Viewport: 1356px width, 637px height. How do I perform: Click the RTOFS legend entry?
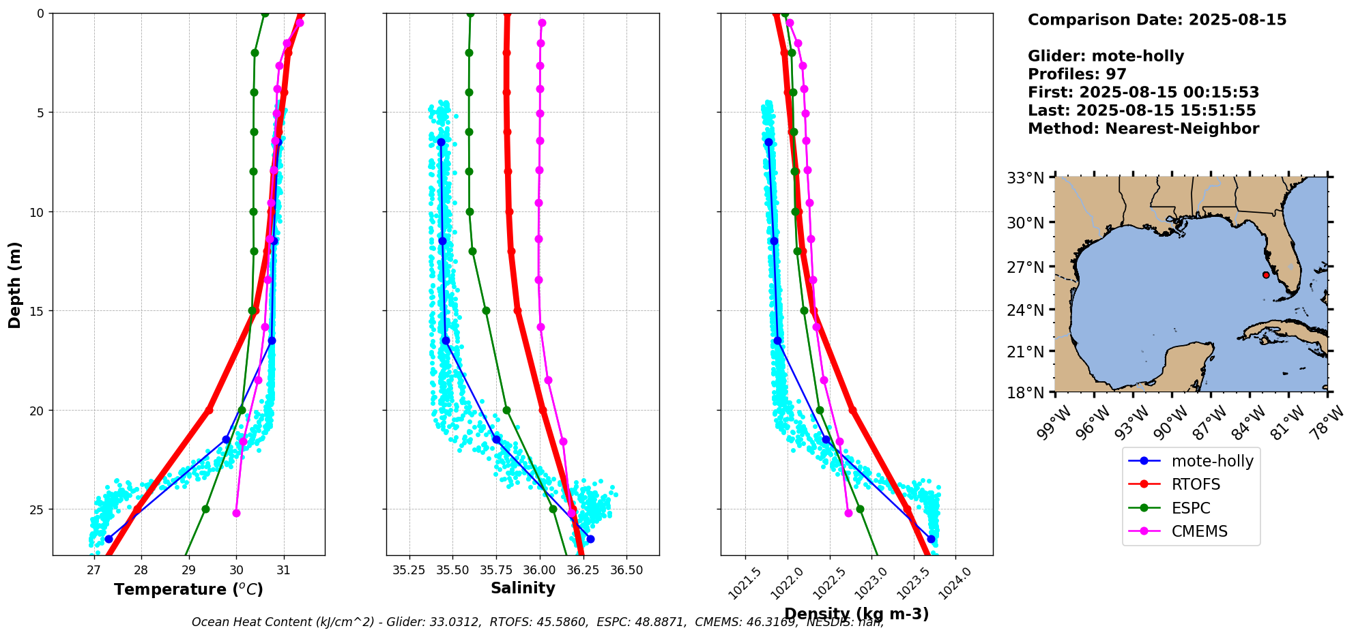(x=1195, y=484)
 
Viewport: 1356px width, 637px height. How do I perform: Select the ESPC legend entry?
(x=1190, y=508)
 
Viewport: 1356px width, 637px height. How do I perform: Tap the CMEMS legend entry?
(x=1199, y=531)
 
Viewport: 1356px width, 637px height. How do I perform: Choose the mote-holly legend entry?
(x=1212, y=461)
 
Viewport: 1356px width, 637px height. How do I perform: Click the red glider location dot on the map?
(x=1266, y=275)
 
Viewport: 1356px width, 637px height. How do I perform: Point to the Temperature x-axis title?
(x=188, y=589)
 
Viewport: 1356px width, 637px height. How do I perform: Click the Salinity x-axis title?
(x=523, y=588)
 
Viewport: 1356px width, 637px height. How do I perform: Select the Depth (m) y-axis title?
(x=15, y=284)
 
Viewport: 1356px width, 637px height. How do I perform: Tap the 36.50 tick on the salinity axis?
(x=626, y=570)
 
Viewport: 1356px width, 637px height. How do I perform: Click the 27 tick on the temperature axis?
(x=93, y=570)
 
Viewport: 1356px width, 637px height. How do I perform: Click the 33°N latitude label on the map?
(x=1026, y=179)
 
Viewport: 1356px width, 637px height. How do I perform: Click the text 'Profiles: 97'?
(x=1077, y=74)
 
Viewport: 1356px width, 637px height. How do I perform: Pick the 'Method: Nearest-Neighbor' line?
(x=1143, y=129)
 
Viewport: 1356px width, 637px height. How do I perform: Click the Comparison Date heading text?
(x=1157, y=20)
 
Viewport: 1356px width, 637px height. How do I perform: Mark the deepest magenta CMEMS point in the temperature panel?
(x=236, y=513)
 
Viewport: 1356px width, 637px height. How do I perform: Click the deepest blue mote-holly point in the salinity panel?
(x=590, y=539)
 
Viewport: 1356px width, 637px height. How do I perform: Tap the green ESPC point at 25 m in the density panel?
(x=860, y=509)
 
